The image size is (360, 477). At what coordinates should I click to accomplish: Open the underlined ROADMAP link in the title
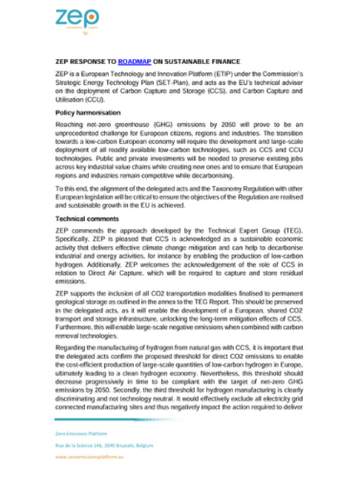click(x=147, y=58)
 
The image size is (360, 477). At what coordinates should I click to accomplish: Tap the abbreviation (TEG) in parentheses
click(x=283, y=232)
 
